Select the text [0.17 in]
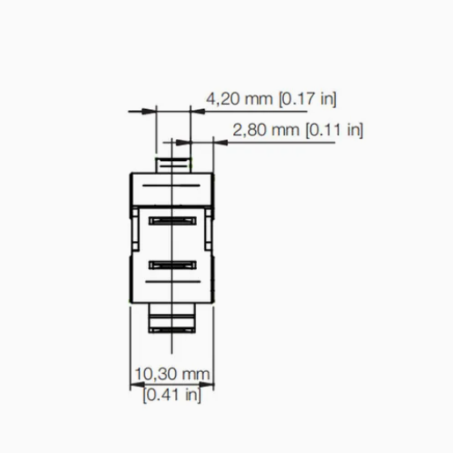308,99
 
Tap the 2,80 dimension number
250,130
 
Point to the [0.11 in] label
334,130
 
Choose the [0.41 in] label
172,395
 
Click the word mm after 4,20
259,99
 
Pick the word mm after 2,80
286,131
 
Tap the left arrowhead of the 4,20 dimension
149,112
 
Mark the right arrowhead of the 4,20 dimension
198,112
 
